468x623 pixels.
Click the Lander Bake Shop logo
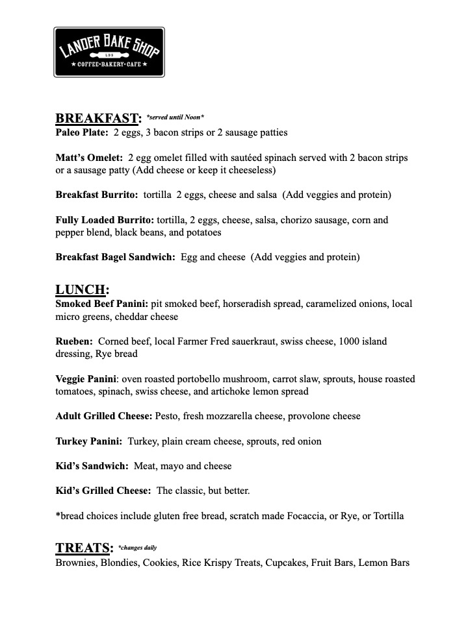(x=109, y=53)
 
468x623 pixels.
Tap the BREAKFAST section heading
(x=98, y=118)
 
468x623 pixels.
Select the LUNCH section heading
(x=82, y=289)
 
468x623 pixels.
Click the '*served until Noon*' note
(x=175, y=117)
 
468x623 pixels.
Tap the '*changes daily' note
(x=137, y=548)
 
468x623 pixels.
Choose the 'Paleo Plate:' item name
(x=81, y=132)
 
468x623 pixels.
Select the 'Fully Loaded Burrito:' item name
(x=105, y=220)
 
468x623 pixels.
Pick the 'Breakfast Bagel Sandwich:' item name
(x=115, y=257)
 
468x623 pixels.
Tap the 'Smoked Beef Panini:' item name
(x=102, y=304)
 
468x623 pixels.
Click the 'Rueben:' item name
(x=74, y=341)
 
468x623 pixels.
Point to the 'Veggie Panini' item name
(x=86, y=379)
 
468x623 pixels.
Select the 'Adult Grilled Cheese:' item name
(x=104, y=416)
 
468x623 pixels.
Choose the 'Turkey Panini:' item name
(x=88, y=441)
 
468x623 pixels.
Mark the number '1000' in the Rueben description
(x=351, y=341)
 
